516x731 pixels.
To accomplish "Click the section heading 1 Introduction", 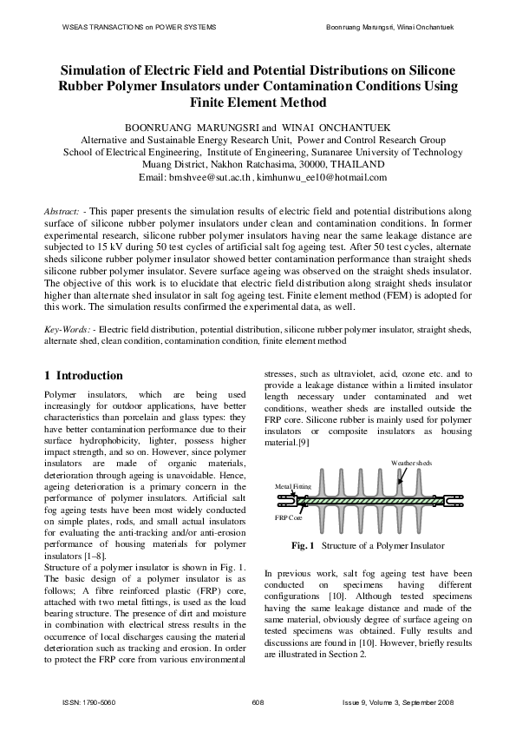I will pos(83,376).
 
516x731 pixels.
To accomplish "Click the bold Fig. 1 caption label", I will pos(303,546).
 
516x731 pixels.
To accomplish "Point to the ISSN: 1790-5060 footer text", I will pos(89,701).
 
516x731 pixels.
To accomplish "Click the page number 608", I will pos(258,701).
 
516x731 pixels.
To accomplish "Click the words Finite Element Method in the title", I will pos(258,102).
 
